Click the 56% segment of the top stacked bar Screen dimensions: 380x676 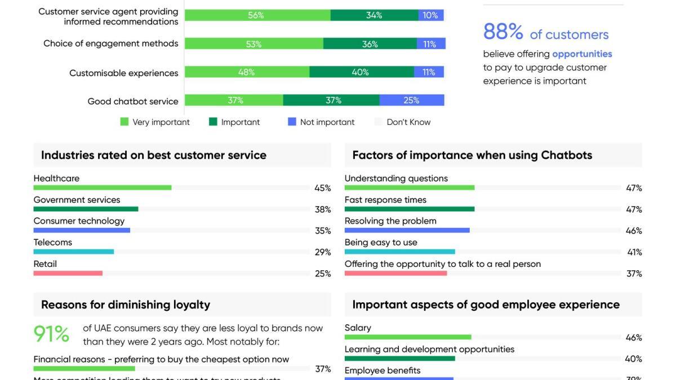(x=257, y=15)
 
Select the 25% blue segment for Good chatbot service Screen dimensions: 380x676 (x=411, y=100)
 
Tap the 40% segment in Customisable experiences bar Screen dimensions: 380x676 (x=361, y=72)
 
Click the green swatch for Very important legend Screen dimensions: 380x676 (x=124, y=122)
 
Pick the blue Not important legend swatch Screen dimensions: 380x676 (x=292, y=122)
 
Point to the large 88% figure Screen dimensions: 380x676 (x=503, y=32)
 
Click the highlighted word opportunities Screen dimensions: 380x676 (x=582, y=54)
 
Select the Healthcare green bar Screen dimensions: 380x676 (x=102, y=187)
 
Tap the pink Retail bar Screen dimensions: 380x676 (x=68, y=273)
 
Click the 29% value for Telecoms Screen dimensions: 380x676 (x=323, y=252)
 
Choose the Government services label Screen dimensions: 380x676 (x=77, y=200)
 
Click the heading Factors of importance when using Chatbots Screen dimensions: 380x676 (x=472, y=155)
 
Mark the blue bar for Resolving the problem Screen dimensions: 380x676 (x=407, y=230)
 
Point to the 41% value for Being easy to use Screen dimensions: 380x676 (x=634, y=252)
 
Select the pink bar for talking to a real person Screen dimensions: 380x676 (x=395, y=273)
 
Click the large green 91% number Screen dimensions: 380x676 (x=51, y=334)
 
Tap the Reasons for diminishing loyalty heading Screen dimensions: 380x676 (x=126, y=305)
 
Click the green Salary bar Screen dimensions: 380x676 (x=407, y=337)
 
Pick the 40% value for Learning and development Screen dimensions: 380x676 (x=633, y=359)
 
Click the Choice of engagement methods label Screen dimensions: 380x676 (x=110, y=43)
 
